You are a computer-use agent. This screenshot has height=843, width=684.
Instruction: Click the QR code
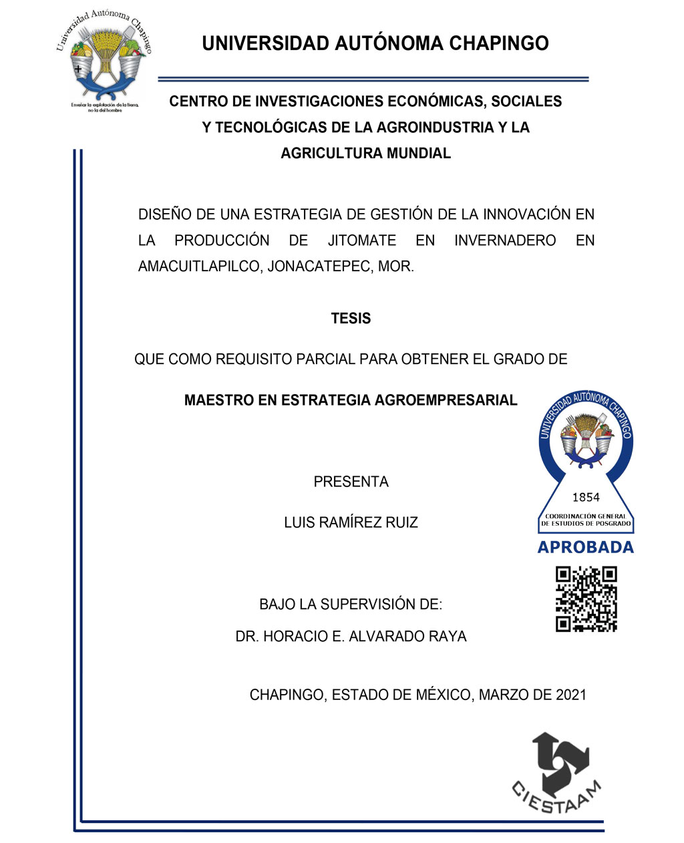(x=586, y=599)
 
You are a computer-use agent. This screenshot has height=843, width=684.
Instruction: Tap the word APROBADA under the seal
(x=585, y=548)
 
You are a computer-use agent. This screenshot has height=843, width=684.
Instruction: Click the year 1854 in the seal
(x=586, y=497)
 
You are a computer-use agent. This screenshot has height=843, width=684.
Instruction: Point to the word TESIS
(x=351, y=319)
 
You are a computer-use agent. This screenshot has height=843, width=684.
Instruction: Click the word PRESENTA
(x=351, y=482)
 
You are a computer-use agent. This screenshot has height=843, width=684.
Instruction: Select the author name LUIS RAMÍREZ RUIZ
(x=351, y=522)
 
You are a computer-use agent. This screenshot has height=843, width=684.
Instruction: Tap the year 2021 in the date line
(x=571, y=695)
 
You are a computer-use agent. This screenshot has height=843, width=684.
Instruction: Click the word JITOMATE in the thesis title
(x=361, y=240)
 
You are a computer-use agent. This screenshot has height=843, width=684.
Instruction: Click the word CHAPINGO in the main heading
(x=498, y=43)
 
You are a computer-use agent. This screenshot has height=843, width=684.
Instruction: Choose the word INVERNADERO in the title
(x=505, y=240)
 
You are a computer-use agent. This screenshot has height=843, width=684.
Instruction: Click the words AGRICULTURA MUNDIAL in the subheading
(x=365, y=153)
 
